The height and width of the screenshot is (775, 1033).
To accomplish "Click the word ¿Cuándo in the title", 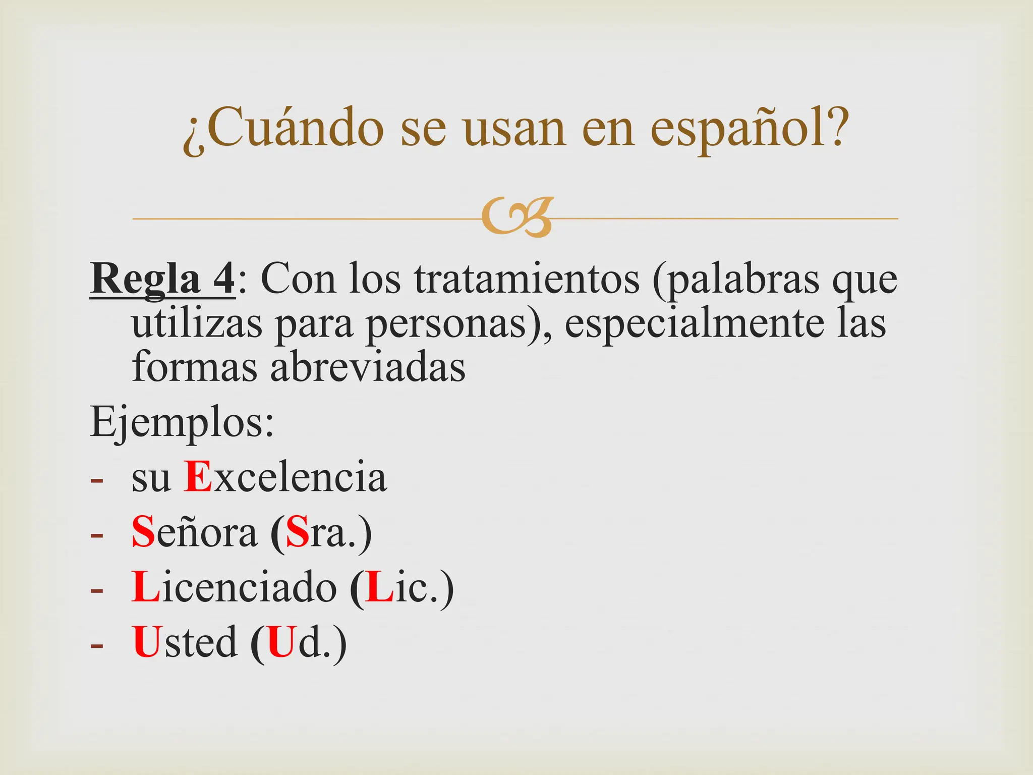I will pyautogui.click(x=283, y=129).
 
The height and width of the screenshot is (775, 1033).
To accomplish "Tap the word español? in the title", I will pyautogui.click(x=747, y=129).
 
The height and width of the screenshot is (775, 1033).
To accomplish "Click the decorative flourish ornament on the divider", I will pyautogui.click(x=517, y=217).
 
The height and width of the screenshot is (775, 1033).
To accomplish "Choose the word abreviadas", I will pyautogui.click(x=368, y=367).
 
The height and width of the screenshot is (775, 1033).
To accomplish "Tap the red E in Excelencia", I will pyautogui.click(x=197, y=476).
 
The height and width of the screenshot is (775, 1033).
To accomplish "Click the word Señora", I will pyautogui.click(x=194, y=532).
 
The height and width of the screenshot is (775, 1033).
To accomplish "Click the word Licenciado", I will pyautogui.click(x=234, y=587).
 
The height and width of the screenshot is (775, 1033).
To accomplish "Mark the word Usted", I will pyautogui.click(x=184, y=642).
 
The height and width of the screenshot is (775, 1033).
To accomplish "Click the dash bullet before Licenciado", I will pyautogui.click(x=97, y=589).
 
